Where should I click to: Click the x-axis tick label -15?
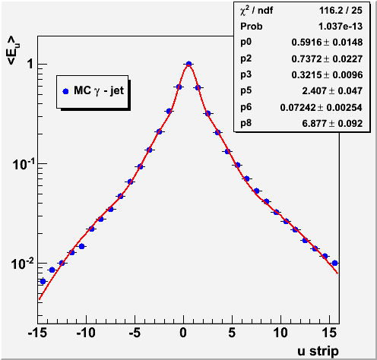point(37,333)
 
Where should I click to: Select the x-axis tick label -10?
point(86,333)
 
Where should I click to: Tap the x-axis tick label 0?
point(183,333)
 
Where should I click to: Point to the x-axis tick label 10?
point(280,333)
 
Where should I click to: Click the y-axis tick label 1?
point(30,64)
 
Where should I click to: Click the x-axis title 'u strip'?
point(318,351)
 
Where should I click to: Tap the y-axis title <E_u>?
point(13,51)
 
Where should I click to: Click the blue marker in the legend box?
point(65,91)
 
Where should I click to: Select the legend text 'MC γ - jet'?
point(99,90)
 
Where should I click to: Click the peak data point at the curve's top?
point(188,64)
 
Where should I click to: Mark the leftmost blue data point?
point(43,281)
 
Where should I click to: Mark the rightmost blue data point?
point(334,263)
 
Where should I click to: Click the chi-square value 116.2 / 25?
point(341,11)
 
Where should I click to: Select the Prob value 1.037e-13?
point(341,27)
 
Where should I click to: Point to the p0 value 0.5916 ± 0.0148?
point(327,43)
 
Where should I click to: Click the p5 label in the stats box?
point(246,91)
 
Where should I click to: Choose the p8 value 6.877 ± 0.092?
point(332,123)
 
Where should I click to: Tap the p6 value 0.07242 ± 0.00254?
point(322,107)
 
